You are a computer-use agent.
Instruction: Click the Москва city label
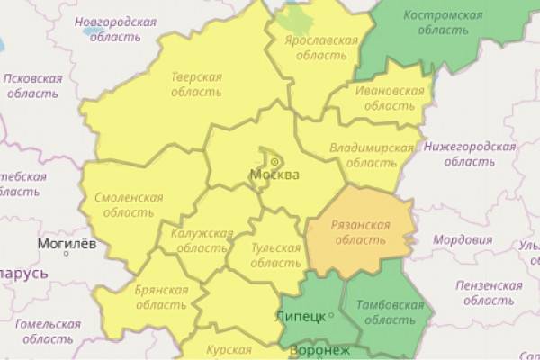tap(274, 174)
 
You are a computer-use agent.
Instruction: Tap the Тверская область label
tap(196, 85)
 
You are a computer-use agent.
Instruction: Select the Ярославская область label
tap(314, 48)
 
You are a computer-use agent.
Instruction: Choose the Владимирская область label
tap(370, 155)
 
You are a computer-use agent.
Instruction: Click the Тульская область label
tap(274, 255)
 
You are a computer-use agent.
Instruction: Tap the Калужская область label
tap(201, 240)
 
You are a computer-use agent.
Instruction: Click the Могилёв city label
tap(66, 244)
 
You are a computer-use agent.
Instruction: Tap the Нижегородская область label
tap(471, 154)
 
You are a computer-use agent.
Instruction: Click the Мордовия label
tap(463, 240)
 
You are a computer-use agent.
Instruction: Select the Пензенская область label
tap(489, 291)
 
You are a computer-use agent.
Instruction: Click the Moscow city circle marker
tap(274, 162)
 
